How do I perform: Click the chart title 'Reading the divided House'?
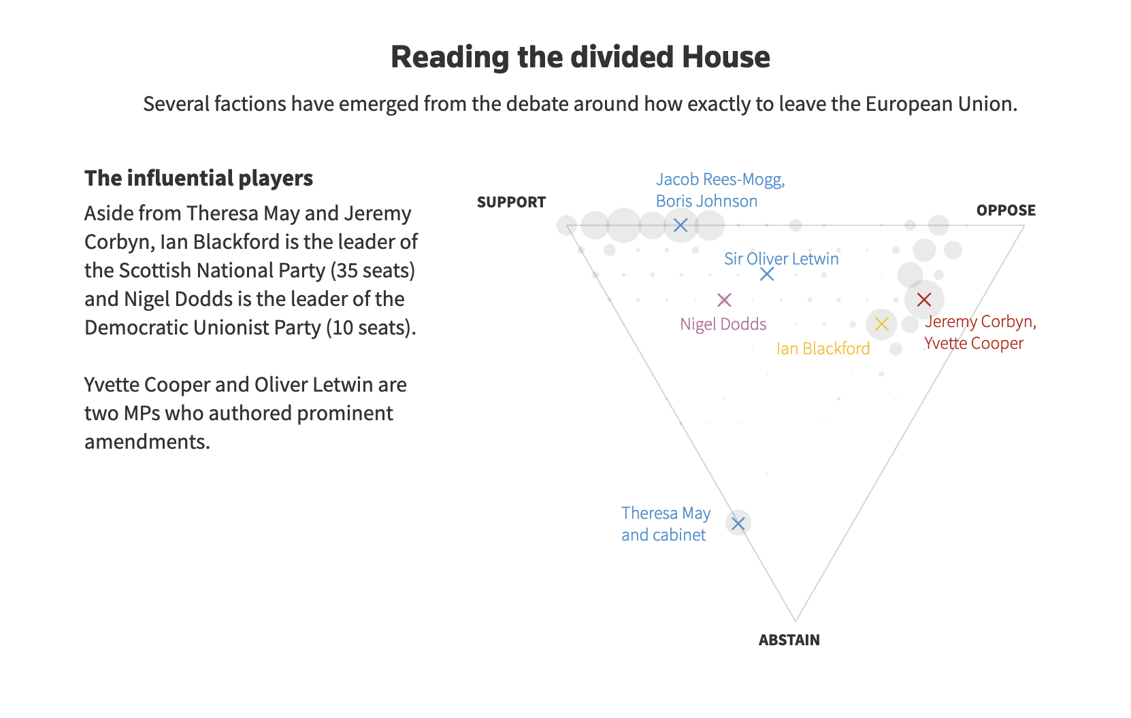pos(580,57)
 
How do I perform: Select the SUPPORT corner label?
pos(511,202)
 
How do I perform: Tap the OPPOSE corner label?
pos(1006,210)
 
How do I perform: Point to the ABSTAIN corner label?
pos(789,640)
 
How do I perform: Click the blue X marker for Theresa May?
pos(738,523)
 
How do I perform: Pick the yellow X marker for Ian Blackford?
pos(881,324)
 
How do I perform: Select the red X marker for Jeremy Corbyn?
pos(923,300)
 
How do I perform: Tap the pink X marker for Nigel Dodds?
pos(724,300)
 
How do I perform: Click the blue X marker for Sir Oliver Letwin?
pos(767,274)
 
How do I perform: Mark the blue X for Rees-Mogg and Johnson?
pos(681,225)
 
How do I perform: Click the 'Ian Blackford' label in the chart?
pos(823,349)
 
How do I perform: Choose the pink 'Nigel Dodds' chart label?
pos(723,324)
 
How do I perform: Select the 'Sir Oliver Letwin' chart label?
pos(781,259)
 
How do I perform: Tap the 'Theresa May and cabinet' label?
pos(666,524)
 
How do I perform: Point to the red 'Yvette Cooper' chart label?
pos(973,343)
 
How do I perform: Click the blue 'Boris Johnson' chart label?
pos(706,201)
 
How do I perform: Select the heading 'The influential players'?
pos(199,178)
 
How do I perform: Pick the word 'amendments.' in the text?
pos(147,442)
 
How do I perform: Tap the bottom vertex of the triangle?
pos(796,620)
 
